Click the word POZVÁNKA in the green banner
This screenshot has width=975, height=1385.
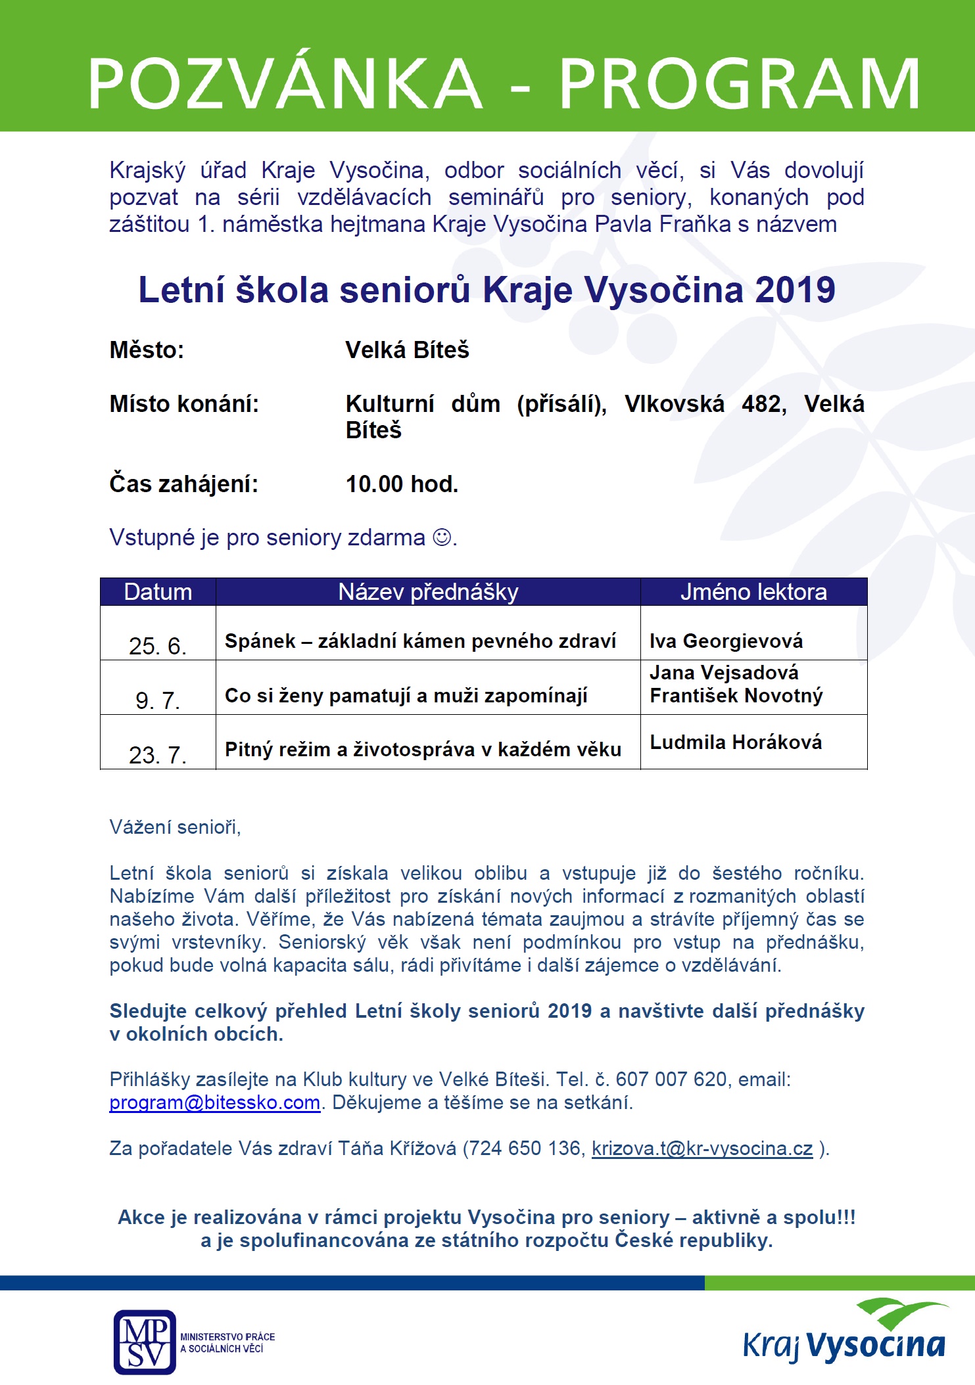pos(285,83)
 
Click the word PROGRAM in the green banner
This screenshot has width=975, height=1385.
pos(739,83)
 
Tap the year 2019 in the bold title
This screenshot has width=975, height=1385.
pos(795,290)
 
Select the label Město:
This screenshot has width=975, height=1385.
pos(147,350)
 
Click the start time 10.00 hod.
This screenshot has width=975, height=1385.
pos(402,484)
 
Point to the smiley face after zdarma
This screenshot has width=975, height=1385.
pos(442,537)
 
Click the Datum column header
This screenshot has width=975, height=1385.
pos(158,592)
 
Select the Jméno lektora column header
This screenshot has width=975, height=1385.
pos(753,592)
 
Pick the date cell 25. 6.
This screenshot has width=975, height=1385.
pos(158,646)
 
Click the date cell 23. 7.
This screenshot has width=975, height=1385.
pos(158,755)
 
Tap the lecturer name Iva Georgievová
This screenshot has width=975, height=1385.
pos(726,641)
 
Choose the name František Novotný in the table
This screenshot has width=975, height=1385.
pos(736,695)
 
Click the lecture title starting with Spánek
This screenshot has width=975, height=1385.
pos(420,641)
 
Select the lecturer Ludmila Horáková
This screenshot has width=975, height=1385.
pos(736,742)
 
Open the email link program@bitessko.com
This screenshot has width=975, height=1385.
pos(214,1102)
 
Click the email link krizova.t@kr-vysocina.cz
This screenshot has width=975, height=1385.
pos(702,1148)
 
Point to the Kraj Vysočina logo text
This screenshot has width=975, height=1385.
pos(844,1346)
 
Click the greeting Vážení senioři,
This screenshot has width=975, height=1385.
pos(175,827)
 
